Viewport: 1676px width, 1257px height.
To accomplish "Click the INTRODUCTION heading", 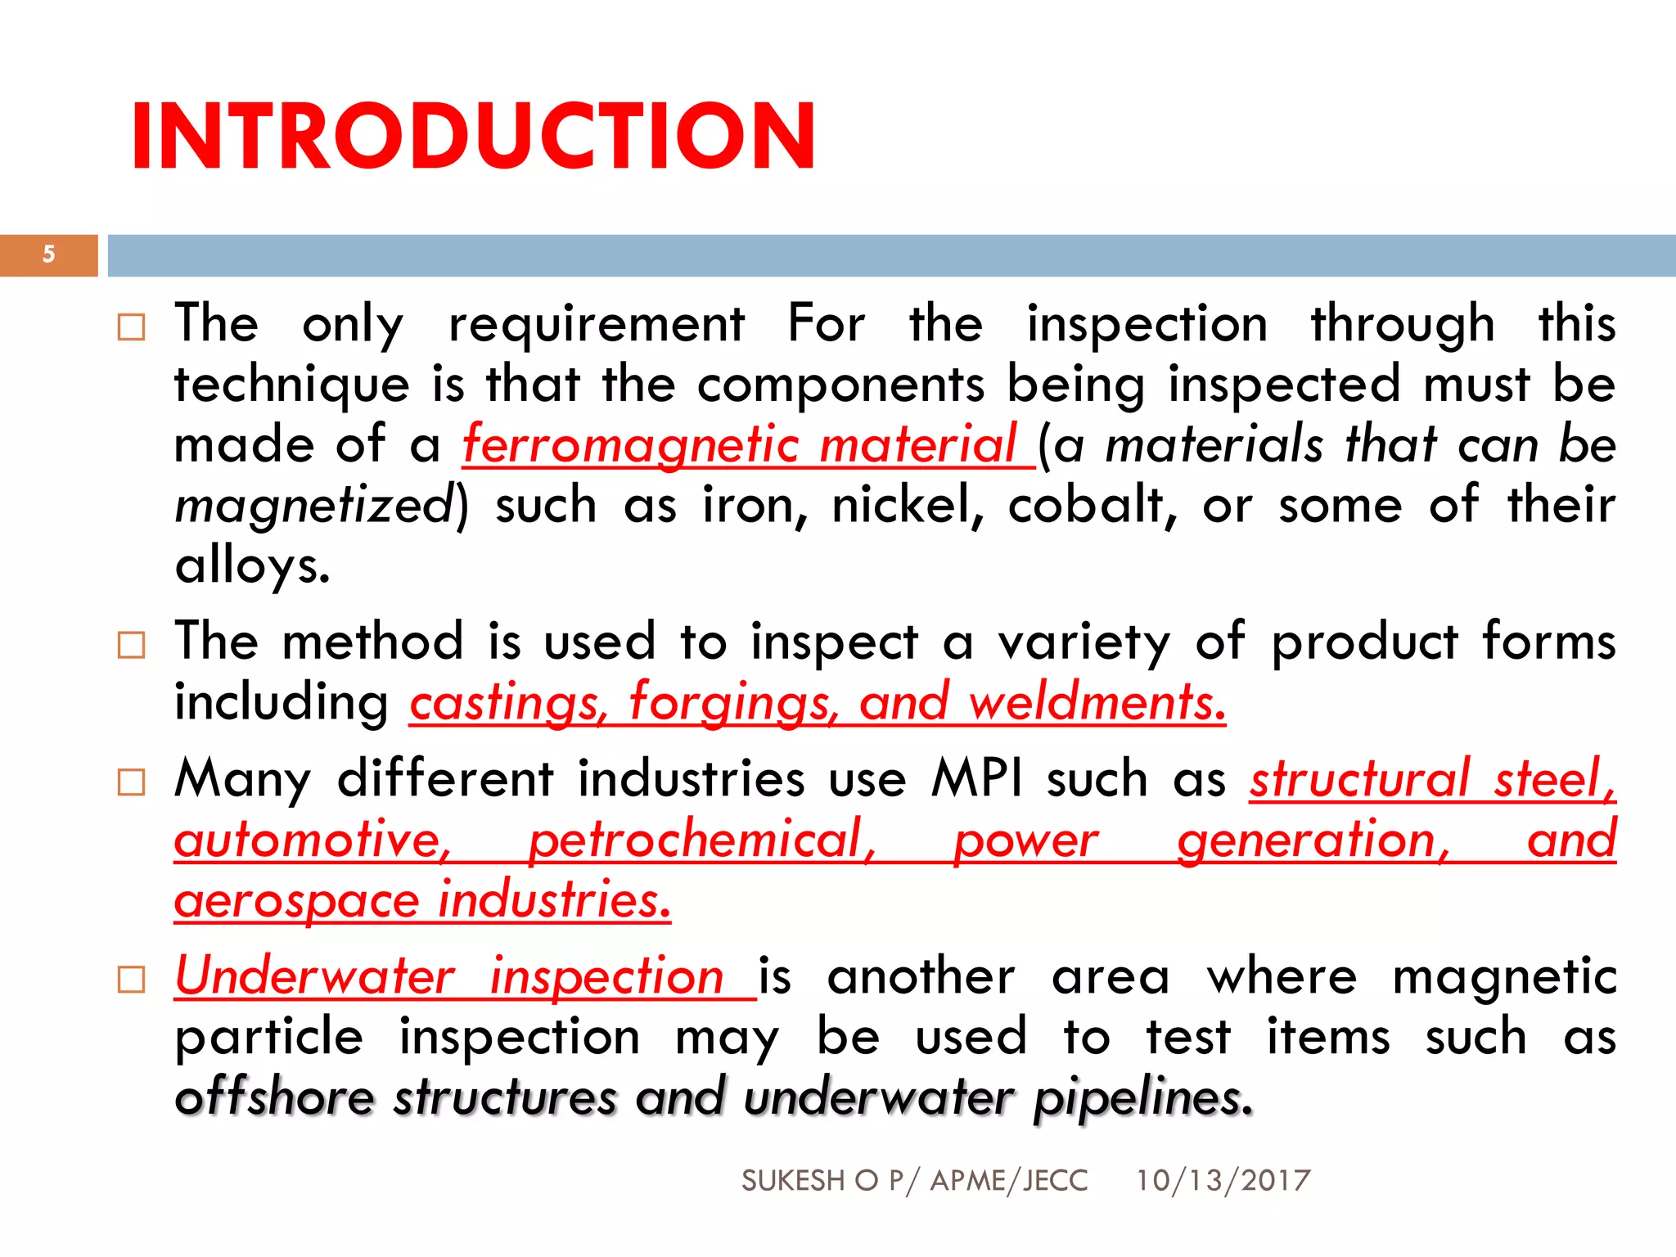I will tap(473, 136).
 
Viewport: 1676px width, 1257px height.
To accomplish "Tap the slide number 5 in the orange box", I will tap(49, 255).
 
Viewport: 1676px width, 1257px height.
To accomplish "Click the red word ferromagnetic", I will tap(630, 446).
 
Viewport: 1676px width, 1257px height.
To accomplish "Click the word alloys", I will tap(251, 566).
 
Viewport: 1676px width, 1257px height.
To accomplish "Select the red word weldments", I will tap(1097, 703).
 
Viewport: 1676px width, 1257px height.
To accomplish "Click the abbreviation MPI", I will tap(976, 778).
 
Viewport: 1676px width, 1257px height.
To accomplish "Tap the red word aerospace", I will tap(296, 901).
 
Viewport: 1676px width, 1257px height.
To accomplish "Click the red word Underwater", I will tap(315, 976).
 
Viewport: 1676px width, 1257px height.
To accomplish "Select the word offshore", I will tap(274, 1097).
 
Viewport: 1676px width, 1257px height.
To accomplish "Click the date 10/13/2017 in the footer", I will tap(1223, 1181).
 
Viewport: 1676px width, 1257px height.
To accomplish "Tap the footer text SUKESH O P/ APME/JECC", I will tap(914, 1181).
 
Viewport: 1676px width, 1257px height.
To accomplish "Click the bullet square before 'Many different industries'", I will tap(131, 782).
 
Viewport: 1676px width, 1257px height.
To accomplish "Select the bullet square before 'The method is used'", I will tap(131, 645).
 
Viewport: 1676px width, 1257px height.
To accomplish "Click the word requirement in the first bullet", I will tap(597, 325).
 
